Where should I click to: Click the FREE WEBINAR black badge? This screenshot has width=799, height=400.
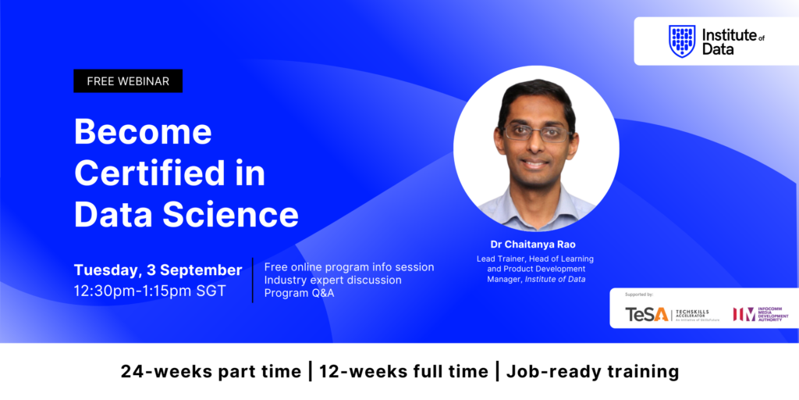pyautogui.click(x=128, y=81)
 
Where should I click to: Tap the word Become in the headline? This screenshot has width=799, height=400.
pyautogui.click(x=143, y=132)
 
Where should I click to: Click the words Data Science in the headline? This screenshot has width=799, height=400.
pyautogui.click(x=186, y=214)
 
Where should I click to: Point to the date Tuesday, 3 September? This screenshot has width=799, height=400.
pyautogui.click(x=158, y=270)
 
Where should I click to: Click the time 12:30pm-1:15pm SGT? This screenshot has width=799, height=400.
pyautogui.click(x=150, y=291)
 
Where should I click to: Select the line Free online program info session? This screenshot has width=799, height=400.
pyautogui.click(x=349, y=267)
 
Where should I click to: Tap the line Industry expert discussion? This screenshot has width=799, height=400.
pyautogui.click(x=333, y=280)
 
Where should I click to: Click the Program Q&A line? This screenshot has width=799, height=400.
pyautogui.click(x=299, y=293)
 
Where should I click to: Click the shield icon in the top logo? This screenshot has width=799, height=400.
pyautogui.click(x=682, y=41)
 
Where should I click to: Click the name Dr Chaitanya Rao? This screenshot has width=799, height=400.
pyautogui.click(x=535, y=244)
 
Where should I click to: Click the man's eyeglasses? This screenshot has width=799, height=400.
pyautogui.click(x=536, y=132)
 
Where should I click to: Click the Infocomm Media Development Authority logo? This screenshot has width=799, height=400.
pyautogui.click(x=760, y=313)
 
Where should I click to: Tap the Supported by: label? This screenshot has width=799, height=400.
pyautogui.click(x=639, y=295)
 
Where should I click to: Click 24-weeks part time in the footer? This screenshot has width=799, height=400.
pyautogui.click(x=211, y=372)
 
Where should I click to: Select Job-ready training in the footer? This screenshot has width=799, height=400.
pyautogui.click(x=593, y=372)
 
